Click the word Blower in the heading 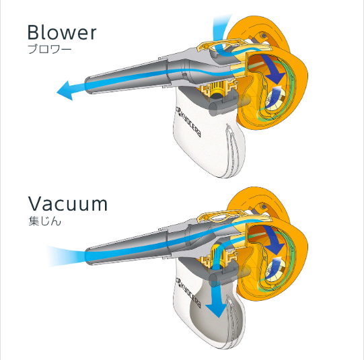point(62,32)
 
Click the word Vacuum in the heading point(68,203)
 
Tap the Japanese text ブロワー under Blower point(49,49)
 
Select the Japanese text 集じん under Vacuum point(44,221)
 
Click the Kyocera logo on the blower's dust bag point(188,122)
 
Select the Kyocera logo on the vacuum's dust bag point(188,293)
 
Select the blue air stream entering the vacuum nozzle point(66,255)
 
